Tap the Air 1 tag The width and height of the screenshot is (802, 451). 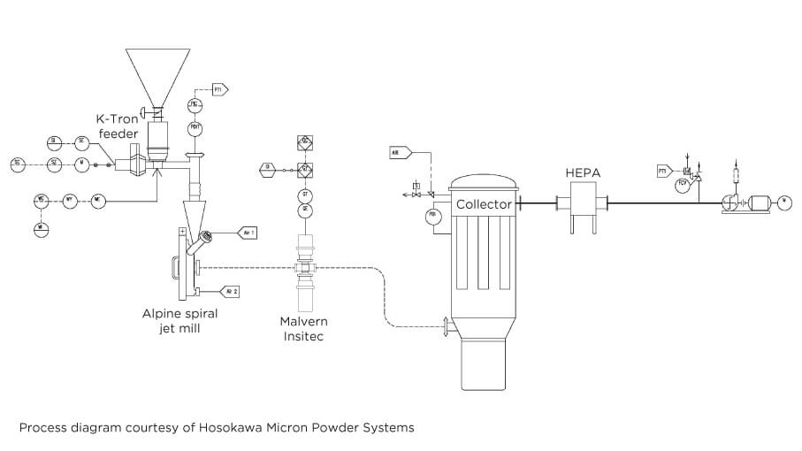pyautogui.click(x=247, y=233)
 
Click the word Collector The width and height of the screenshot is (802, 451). pyautogui.click(x=484, y=205)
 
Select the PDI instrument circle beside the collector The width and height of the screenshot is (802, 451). pyautogui.click(x=433, y=216)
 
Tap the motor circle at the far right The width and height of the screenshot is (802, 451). pyautogui.click(x=784, y=203)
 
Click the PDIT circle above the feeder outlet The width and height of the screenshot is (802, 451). pyautogui.click(x=195, y=129)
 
